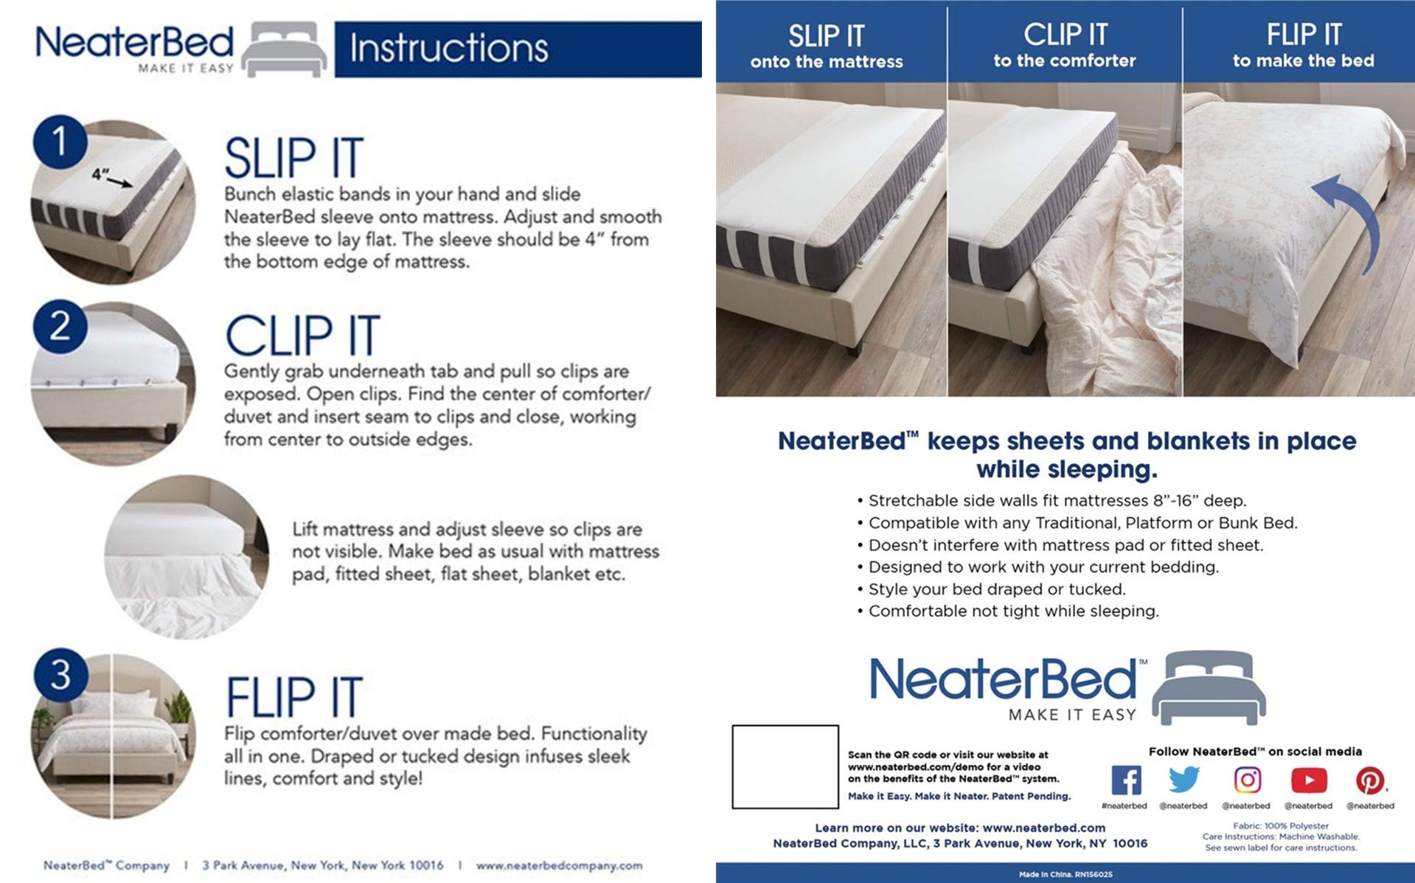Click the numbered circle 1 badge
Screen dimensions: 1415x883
60,141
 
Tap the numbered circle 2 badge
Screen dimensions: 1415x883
60,327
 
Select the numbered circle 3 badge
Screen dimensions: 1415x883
60,675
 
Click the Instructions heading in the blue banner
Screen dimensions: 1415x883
448,49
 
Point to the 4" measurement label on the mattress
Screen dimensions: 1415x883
101,175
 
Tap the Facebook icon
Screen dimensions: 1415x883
1126,780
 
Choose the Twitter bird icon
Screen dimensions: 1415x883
1184,779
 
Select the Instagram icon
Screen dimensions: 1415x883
1248,780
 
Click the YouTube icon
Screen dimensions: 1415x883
1309,780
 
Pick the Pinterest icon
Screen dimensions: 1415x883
1370,780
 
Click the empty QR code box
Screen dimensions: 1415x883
785,766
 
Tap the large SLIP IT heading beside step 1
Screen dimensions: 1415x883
293,158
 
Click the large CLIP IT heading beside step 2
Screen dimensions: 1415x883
302,336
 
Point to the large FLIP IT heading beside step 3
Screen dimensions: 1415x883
293,697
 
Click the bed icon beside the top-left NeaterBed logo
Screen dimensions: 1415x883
285,49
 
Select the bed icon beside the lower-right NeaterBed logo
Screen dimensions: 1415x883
1209,688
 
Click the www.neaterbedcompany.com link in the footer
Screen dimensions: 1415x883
559,865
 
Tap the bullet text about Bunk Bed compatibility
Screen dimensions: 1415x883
1082,523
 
